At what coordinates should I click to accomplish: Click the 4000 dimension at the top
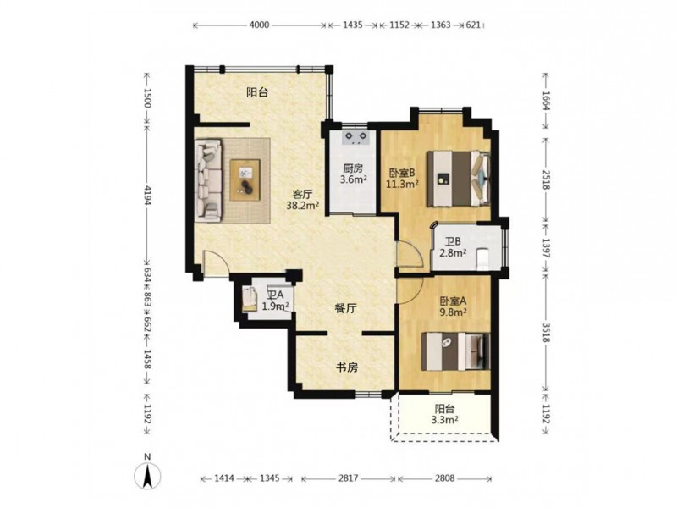click(x=259, y=25)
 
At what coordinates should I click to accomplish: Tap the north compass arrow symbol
click(x=147, y=476)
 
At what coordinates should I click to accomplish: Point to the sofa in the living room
click(x=207, y=180)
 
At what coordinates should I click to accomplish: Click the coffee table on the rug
click(x=245, y=179)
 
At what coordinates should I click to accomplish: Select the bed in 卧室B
click(x=458, y=179)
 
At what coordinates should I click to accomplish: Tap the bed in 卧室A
click(x=455, y=351)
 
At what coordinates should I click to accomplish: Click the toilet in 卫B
click(x=482, y=258)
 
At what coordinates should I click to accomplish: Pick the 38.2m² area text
click(x=303, y=206)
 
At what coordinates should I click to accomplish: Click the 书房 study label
click(x=347, y=367)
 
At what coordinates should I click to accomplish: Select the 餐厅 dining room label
click(x=346, y=308)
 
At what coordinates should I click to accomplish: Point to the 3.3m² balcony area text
click(x=445, y=419)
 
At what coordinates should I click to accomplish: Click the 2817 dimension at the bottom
click(x=348, y=478)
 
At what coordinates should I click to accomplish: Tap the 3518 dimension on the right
click(x=545, y=333)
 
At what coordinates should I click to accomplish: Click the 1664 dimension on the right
click(x=545, y=100)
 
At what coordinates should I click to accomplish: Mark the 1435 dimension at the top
click(x=353, y=25)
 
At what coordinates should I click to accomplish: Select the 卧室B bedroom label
click(x=402, y=174)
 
